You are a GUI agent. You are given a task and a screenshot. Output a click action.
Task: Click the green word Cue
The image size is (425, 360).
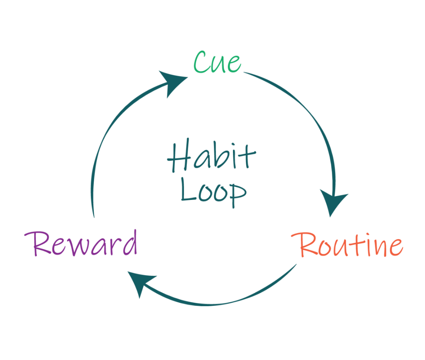(217, 63)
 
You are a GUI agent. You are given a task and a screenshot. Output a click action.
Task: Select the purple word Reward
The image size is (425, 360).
(81, 244)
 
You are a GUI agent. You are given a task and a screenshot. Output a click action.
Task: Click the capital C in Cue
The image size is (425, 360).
(201, 63)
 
